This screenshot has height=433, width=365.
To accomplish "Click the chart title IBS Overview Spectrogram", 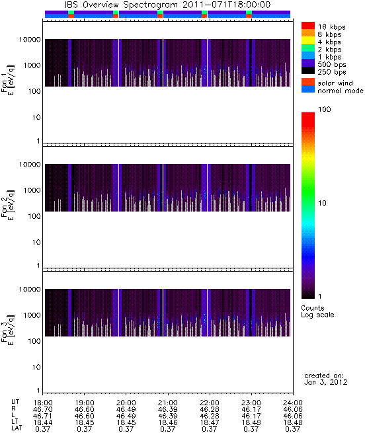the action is point(121,5).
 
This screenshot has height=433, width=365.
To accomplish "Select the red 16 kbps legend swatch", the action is point(308,25).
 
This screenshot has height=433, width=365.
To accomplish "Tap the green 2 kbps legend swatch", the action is point(308,48).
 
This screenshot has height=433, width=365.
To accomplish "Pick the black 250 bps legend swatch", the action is point(308,71).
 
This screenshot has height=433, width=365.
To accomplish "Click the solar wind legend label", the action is point(335,83).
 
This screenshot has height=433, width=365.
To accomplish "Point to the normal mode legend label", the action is point(341,91).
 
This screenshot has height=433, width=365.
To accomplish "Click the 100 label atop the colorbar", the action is point(325,109).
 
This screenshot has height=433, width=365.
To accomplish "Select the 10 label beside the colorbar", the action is point(323,203).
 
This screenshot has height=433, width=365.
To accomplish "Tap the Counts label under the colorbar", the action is point(313,308).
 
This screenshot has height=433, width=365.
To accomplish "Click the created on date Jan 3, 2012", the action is point(325,383).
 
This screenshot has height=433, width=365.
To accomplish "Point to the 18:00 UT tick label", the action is point(43,403).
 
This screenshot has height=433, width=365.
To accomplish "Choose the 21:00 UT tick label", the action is point(168,403).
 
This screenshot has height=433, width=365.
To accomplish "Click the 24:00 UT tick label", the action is point(293,403).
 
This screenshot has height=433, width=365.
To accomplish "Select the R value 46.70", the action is point(43,409).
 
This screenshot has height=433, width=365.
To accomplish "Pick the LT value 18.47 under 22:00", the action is point(210,422).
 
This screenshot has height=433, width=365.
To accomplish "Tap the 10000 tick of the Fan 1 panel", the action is point(30,40).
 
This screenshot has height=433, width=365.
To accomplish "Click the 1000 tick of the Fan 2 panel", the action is point(32,190).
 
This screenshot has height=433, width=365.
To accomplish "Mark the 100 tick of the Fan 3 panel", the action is point(34,341).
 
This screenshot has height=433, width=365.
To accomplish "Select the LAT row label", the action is point(17,428).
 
